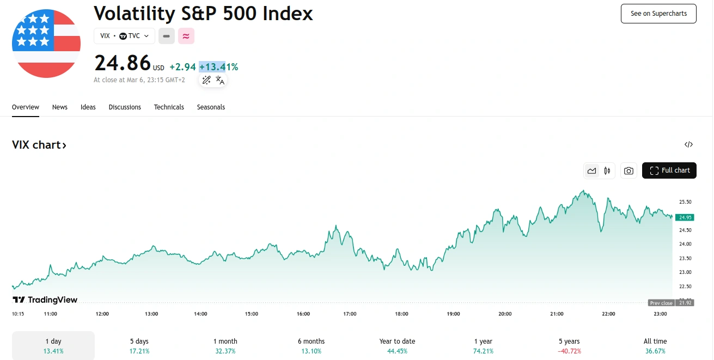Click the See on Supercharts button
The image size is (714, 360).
(x=658, y=14)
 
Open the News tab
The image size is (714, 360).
(x=60, y=107)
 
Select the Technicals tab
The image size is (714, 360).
(x=169, y=107)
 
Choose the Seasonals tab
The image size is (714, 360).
(x=211, y=107)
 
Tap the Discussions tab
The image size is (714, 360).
(x=125, y=107)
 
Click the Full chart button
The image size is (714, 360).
(x=669, y=170)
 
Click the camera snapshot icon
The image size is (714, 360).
(x=628, y=171)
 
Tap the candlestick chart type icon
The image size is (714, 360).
(x=607, y=171)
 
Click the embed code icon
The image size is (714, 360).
(x=688, y=145)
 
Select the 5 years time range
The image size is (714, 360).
(x=569, y=346)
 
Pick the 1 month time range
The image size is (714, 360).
(x=225, y=346)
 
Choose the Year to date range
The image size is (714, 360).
(x=397, y=346)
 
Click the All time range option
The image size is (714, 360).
(x=655, y=346)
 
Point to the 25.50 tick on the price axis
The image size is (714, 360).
(x=685, y=202)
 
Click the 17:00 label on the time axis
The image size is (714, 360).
(x=350, y=314)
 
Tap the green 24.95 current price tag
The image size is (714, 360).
(x=685, y=217)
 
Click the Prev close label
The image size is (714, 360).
(x=661, y=303)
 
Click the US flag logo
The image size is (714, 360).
(x=46, y=44)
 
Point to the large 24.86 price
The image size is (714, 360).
(x=123, y=63)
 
